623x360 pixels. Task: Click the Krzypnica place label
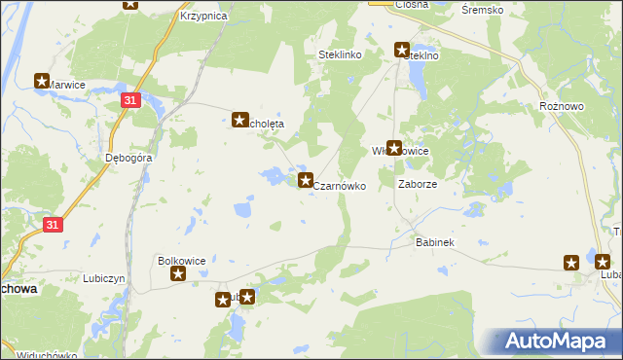pyautogui.click(x=203, y=17)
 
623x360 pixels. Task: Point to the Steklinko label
pyautogui.click(x=340, y=55)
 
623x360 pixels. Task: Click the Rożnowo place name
pyautogui.click(x=560, y=104)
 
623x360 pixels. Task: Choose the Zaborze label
pyautogui.click(x=418, y=183)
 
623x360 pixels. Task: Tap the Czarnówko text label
pyautogui.click(x=340, y=184)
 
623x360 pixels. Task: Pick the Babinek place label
pyautogui.click(x=435, y=241)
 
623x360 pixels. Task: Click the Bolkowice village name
pyautogui.click(x=181, y=261)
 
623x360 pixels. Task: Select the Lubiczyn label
pyautogui.click(x=105, y=278)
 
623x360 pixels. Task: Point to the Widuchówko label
pyautogui.click(x=48, y=354)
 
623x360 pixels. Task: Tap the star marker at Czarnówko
pyautogui.click(x=305, y=180)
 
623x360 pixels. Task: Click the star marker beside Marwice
pyautogui.click(x=42, y=82)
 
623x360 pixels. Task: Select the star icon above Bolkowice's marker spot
pyautogui.click(x=179, y=274)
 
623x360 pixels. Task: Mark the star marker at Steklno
pyautogui.click(x=401, y=49)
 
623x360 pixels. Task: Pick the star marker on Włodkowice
pyautogui.click(x=394, y=149)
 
